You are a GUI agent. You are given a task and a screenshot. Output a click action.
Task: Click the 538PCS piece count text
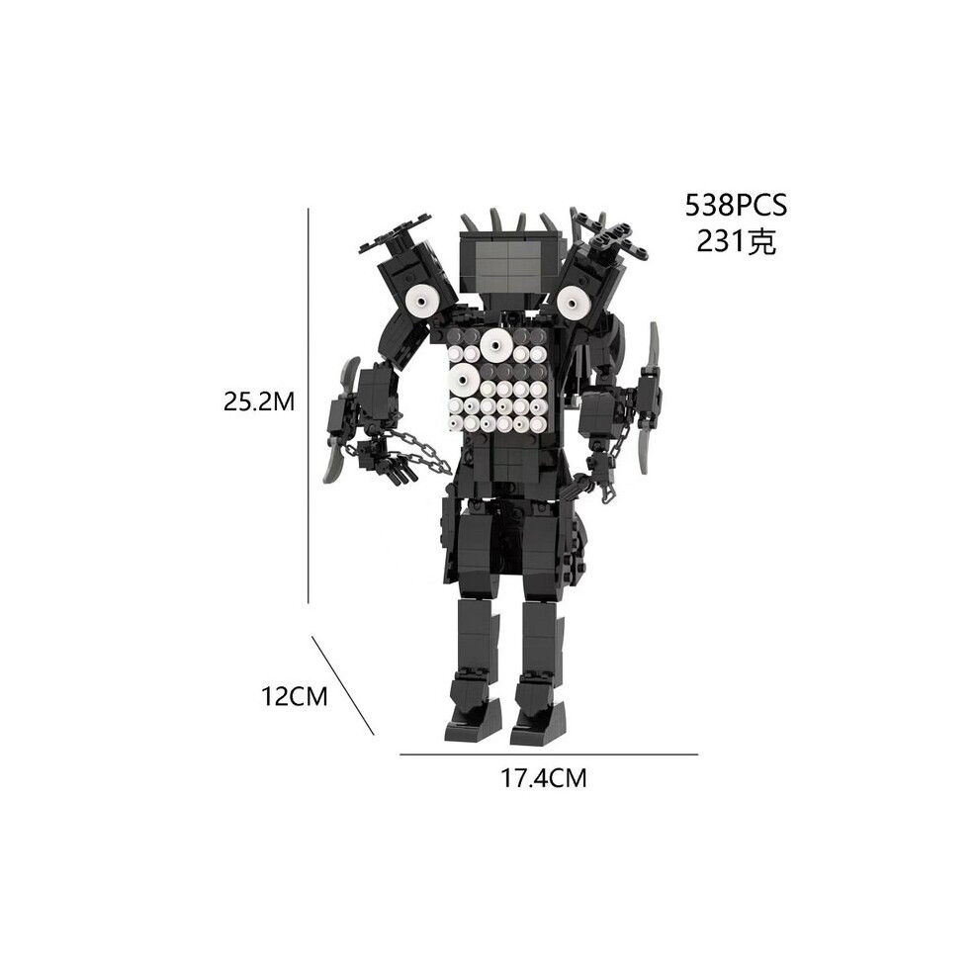736,206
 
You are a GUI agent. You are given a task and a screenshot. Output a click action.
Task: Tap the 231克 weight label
736,241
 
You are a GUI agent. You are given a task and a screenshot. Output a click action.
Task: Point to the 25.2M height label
259,402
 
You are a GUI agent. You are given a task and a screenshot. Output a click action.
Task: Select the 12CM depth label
294,696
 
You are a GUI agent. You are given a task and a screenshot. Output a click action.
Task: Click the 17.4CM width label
543,778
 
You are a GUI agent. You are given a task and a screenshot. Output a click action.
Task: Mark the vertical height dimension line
309,405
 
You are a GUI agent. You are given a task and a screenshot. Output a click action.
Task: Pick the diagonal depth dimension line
343,685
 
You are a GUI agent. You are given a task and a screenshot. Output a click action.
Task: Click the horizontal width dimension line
548,755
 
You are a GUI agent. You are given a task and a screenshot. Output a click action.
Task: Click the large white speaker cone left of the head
422,303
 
